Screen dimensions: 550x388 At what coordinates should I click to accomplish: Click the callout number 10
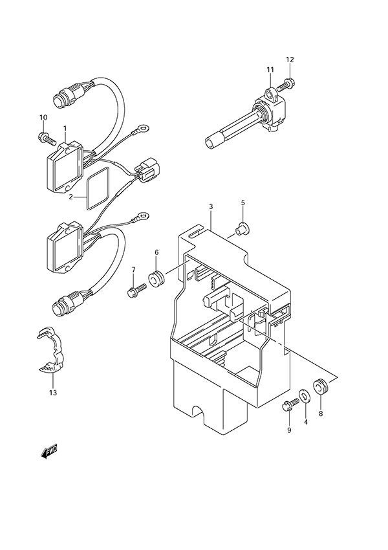coord(43,117)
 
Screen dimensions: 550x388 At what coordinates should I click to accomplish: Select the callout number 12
coord(290,60)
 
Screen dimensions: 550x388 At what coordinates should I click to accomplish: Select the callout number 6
coord(156,252)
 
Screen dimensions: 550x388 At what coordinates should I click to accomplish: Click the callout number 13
coord(52,393)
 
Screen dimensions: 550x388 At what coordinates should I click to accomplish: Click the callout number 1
coord(65,120)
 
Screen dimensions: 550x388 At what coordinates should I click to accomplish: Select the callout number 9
coord(288,430)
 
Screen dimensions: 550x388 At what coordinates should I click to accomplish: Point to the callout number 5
coord(243,203)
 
